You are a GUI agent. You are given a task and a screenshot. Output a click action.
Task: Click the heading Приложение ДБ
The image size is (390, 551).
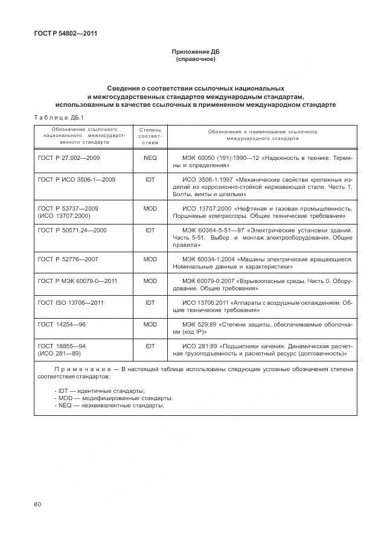194,52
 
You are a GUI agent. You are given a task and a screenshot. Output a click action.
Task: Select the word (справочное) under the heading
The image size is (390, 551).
194,60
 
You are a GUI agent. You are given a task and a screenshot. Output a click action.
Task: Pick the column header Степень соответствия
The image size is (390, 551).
150,136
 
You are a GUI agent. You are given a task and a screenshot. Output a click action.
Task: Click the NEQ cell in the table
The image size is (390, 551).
150,158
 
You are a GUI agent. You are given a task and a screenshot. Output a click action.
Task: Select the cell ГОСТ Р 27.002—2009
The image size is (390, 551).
68,158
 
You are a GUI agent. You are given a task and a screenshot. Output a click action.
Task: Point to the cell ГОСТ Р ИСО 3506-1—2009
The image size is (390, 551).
76,179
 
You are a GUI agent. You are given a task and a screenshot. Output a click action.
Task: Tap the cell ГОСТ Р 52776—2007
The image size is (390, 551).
68,259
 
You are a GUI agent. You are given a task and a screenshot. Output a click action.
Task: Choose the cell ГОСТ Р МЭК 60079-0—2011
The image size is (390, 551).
77,281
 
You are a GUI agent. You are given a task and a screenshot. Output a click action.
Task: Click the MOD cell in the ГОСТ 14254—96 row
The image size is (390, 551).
150,324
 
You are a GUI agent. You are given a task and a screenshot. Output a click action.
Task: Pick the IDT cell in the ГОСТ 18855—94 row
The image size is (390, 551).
150,346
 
